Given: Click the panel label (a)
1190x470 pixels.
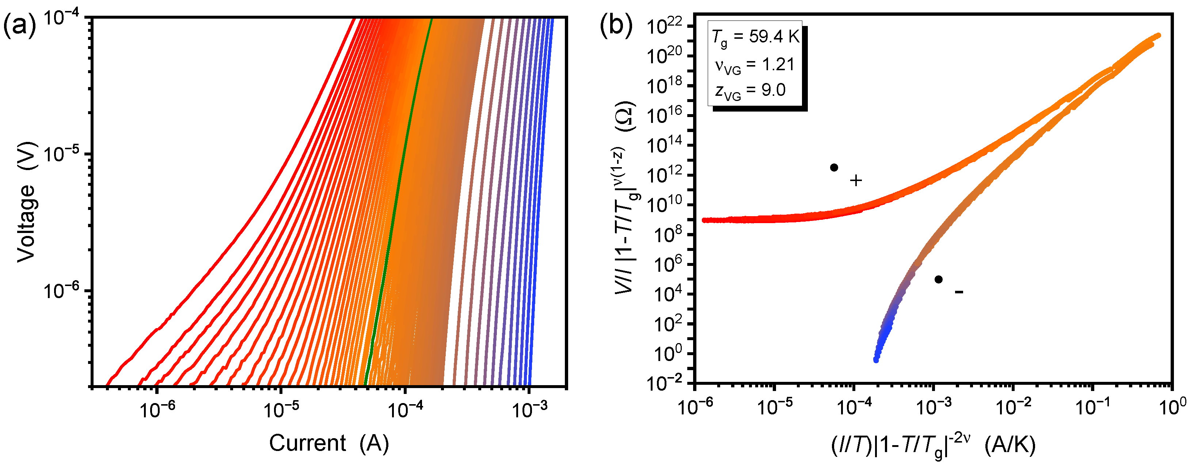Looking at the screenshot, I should click(x=19, y=26).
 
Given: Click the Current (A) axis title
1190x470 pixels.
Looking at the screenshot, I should click(x=329, y=443).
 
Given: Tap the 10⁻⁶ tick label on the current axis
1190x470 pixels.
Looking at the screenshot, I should click(x=157, y=409).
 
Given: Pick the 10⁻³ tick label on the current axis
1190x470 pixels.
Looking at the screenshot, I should click(x=529, y=409).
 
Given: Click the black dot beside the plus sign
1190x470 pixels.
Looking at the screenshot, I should click(x=834, y=168).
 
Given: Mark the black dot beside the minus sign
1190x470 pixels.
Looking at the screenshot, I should click(x=938, y=279).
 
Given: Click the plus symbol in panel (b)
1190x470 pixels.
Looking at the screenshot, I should click(x=856, y=180).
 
